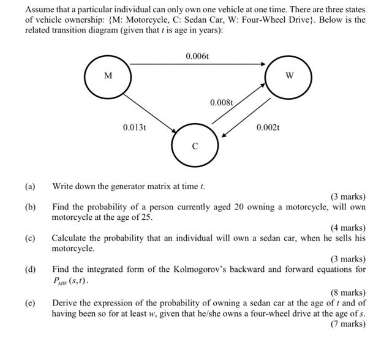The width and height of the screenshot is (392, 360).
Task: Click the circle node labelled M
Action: pyautogui.click(x=108, y=77)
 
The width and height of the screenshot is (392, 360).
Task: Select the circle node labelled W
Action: pyautogui.click(x=289, y=77)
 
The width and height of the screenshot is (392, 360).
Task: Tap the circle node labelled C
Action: pyautogui.click(x=195, y=146)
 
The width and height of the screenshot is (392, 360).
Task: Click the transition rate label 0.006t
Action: pyautogui.click(x=197, y=57)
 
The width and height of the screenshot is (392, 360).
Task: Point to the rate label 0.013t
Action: pyautogui.click(x=134, y=127)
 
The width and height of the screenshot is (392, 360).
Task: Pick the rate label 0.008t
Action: pyautogui.click(x=222, y=102)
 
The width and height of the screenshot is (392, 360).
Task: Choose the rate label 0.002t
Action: pyautogui.click(x=268, y=127)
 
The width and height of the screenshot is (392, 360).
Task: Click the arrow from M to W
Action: pyautogui.click(x=197, y=64)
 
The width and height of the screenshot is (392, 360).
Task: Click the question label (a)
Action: pyautogui.click(x=30, y=186)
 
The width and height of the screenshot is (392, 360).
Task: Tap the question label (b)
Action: pyautogui.click(x=30, y=207)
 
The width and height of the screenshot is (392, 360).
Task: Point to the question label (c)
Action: pyautogui.click(x=30, y=238)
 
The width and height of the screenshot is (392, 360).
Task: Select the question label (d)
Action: pyautogui.click(x=30, y=269)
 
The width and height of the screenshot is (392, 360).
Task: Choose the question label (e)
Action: pyautogui.click(x=30, y=302)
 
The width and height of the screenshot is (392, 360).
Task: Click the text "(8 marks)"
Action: pyautogui.click(x=347, y=292)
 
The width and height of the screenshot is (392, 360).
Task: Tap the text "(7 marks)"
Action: pyautogui.click(x=347, y=323)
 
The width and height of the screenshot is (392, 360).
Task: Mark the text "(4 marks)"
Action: pyautogui.click(x=347, y=228)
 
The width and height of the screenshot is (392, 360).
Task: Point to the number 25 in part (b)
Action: pyautogui.click(x=147, y=217)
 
